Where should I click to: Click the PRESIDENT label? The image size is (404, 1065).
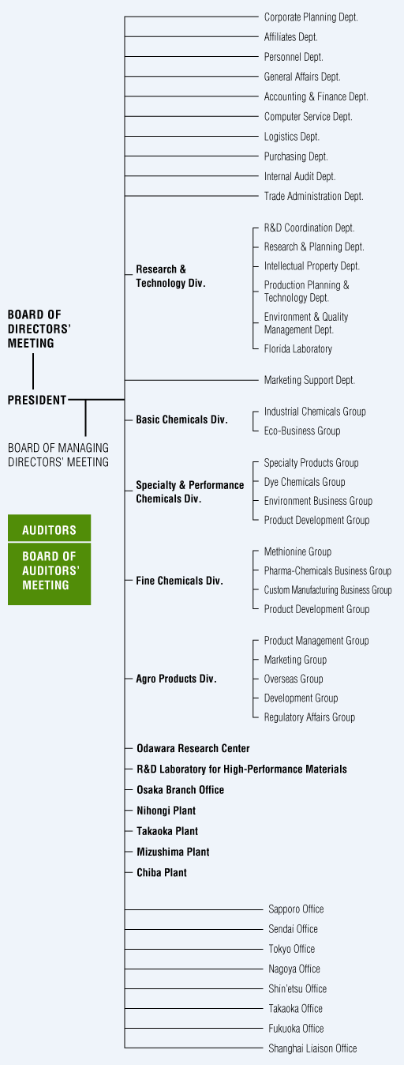click(37, 400)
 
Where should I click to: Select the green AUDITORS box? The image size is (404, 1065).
click(50, 528)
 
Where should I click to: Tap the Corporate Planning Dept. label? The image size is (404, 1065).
click(311, 17)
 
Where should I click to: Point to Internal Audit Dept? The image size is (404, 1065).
click(300, 176)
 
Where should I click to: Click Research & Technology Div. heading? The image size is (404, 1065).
click(170, 276)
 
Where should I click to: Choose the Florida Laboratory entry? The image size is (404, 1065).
click(297, 349)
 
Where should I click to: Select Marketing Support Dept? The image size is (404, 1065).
click(309, 380)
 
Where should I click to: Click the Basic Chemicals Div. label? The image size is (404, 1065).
click(181, 420)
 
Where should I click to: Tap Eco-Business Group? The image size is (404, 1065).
click(302, 431)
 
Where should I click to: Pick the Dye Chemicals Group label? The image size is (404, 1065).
click(305, 482)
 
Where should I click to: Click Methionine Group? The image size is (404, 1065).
click(297, 552)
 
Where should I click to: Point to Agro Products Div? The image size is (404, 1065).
click(176, 679)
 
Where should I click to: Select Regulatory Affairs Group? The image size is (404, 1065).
click(309, 717)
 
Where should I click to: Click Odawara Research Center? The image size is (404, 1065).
click(193, 748)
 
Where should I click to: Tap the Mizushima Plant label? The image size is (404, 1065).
click(173, 852)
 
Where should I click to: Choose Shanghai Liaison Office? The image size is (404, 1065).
click(312, 1048)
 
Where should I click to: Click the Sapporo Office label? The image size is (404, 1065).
click(296, 909)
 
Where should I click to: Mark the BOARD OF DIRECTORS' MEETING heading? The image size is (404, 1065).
click(39, 329)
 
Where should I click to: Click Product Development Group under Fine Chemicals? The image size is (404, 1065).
click(316, 609)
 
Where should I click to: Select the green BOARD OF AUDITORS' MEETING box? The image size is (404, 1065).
click(50, 574)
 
